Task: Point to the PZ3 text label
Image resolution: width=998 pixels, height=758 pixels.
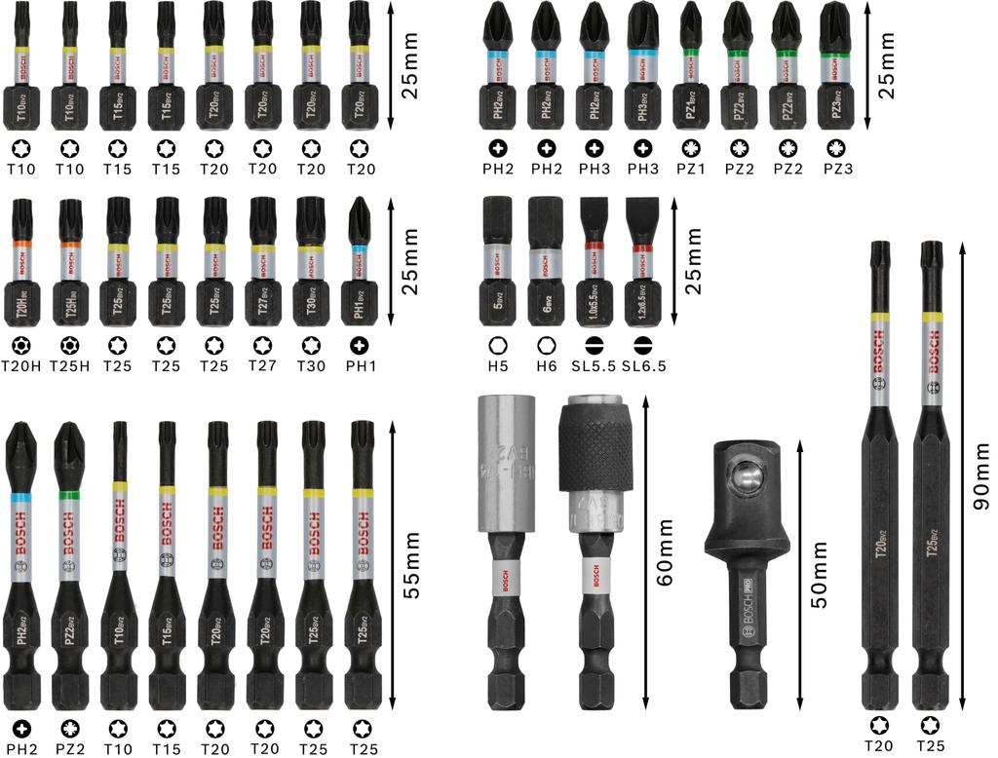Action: tap(834, 169)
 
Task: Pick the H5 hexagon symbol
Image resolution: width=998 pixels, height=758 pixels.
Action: tap(497, 346)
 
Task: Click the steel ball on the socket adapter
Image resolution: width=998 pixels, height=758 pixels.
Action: tap(748, 478)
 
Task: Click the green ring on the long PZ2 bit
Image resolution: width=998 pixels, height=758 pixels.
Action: tap(69, 495)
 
